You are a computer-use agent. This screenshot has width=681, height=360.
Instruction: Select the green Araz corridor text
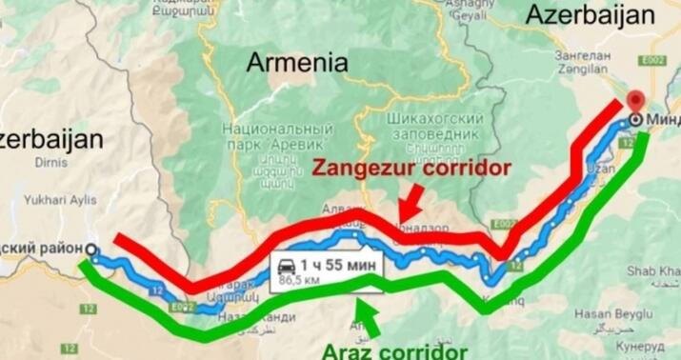point(396,350)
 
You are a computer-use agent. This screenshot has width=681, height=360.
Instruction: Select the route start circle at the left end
point(90,250)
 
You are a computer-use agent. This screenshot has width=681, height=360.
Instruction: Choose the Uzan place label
point(601,168)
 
